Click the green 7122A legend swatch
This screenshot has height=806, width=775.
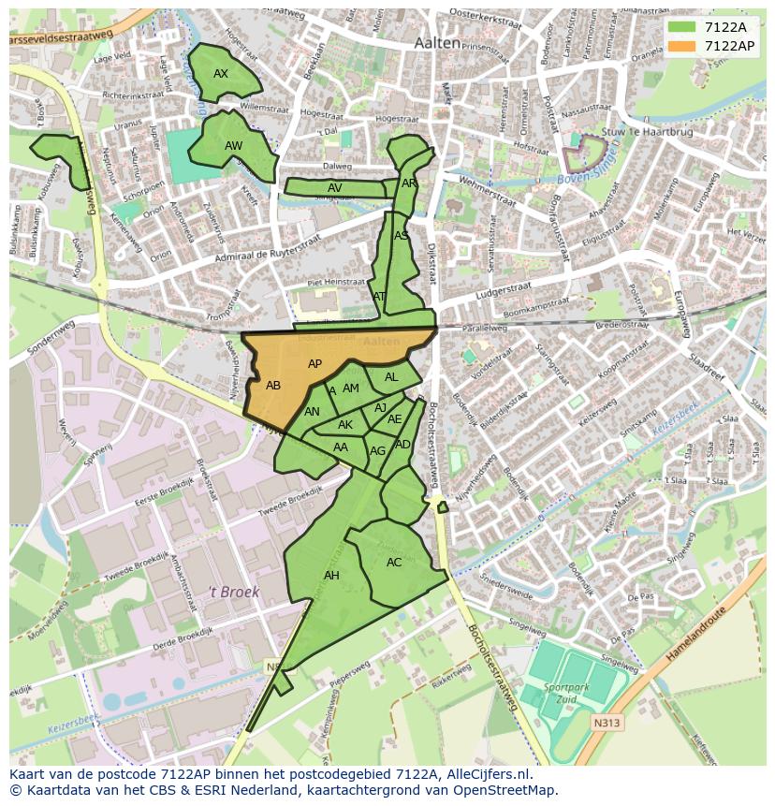pyautogui.click(x=681, y=27)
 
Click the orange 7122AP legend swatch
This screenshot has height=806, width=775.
pyautogui.click(x=681, y=45)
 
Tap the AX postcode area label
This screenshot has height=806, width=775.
pyautogui.click(x=221, y=74)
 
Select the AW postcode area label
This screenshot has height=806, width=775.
pyautogui.click(x=233, y=146)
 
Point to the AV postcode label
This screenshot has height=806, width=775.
pyautogui.click(x=334, y=188)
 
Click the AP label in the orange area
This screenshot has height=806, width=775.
pyautogui.click(x=314, y=364)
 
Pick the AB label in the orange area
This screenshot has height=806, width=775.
pyautogui.click(x=273, y=386)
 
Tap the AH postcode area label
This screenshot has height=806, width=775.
pyautogui.click(x=331, y=576)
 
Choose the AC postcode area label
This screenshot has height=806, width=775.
pyautogui.click(x=394, y=563)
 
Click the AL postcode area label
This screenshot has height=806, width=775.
pyautogui.click(x=391, y=377)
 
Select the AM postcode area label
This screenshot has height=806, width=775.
pyautogui.click(x=351, y=388)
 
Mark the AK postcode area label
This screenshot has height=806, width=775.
pyautogui.click(x=345, y=425)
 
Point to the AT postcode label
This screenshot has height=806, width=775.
pyautogui.click(x=379, y=297)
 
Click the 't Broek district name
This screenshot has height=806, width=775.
pyautogui.click(x=233, y=592)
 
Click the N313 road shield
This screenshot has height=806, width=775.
pyautogui.click(x=606, y=723)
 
